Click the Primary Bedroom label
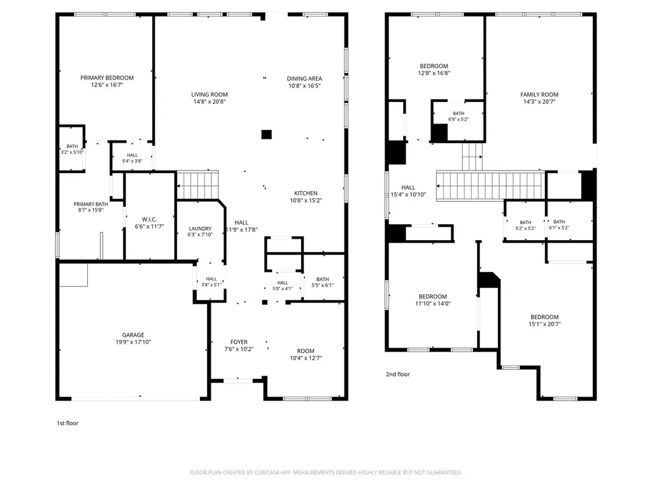pos(107,78)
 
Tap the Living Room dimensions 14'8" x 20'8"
pos(209,101)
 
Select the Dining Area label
pos(304,78)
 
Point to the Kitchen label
pos(306,194)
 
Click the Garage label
pos(133,335)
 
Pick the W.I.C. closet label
pos(149,220)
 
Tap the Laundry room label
pos(200,229)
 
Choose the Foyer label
pos(239,342)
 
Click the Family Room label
pos(539,95)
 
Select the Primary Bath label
pos(90,204)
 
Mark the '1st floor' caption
pos(67,423)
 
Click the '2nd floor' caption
pos(397,374)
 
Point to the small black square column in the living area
pos(267,134)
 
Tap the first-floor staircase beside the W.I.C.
pos(197,185)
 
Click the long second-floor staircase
pos(491,186)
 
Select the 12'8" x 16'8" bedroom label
pos(434,66)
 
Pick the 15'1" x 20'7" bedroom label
pos(544,317)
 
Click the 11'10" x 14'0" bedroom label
pos(432,297)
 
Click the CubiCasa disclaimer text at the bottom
pos(325,473)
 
